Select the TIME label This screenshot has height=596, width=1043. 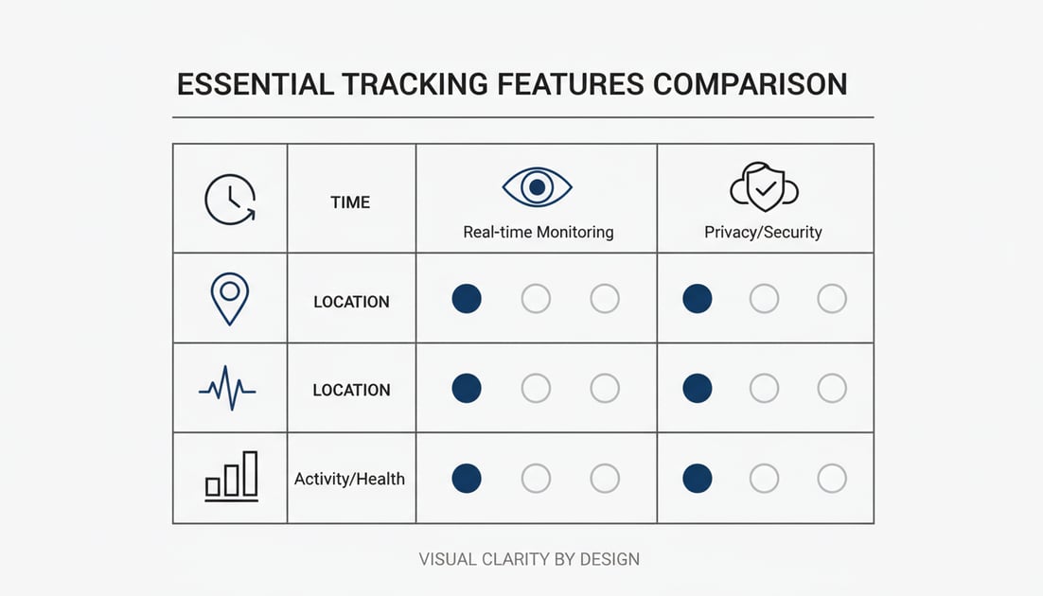(x=350, y=202)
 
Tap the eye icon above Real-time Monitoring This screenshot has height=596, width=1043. (x=537, y=187)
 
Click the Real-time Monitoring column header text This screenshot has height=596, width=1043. (x=538, y=232)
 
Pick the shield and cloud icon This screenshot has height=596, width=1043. (x=764, y=187)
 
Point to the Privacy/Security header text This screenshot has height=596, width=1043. (x=763, y=232)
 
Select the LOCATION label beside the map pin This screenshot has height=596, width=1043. (x=351, y=302)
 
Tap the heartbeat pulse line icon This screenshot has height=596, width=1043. (x=227, y=387)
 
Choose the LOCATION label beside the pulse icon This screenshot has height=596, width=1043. (x=351, y=390)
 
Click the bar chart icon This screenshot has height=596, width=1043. (x=232, y=476)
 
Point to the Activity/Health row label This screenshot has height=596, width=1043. (x=349, y=479)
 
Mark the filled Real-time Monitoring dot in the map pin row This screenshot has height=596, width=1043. (x=467, y=299)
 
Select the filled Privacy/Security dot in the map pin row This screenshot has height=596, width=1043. (x=698, y=299)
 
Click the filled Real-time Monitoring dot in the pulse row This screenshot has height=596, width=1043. (x=467, y=388)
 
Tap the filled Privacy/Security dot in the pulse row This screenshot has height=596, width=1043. (x=698, y=388)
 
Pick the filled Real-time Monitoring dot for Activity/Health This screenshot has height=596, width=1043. (x=467, y=478)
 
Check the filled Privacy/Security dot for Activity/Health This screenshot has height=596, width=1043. (x=698, y=478)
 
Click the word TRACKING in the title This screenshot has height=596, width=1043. (x=415, y=84)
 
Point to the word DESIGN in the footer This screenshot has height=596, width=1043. (x=608, y=559)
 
